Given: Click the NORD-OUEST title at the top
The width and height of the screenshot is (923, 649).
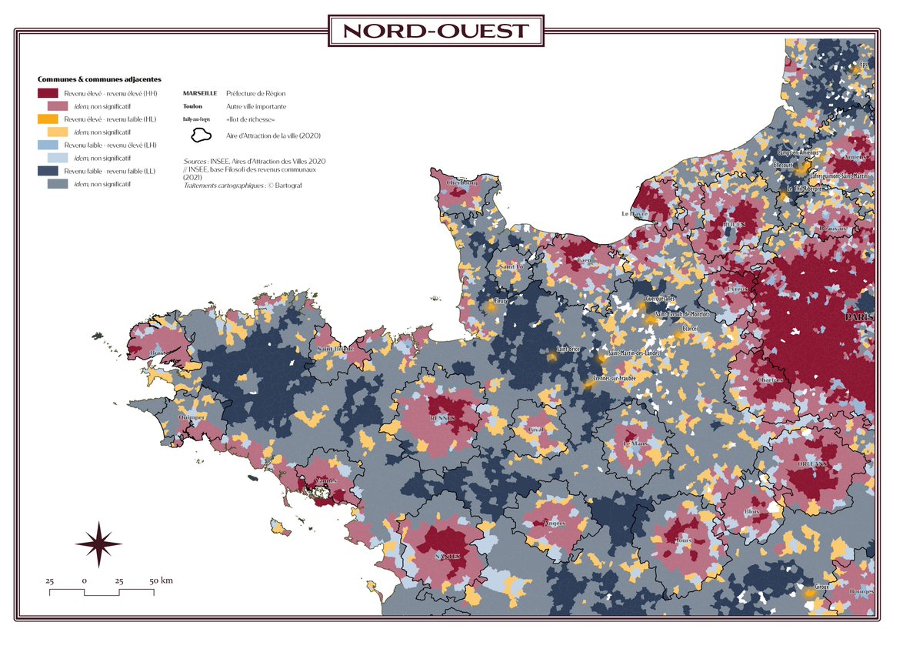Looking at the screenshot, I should click(x=436, y=32).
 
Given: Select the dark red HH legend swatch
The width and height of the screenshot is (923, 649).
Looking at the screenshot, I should click(x=48, y=93).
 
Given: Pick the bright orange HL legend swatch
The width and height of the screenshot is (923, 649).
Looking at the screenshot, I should click(x=48, y=119).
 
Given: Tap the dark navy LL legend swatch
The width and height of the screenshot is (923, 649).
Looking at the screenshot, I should click(x=48, y=171).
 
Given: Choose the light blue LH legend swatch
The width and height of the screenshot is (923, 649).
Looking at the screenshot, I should click(x=48, y=145).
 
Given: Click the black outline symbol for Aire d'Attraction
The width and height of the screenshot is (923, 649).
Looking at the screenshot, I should click(x=202, y=135).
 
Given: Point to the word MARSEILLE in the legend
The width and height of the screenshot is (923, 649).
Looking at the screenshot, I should click(x=199, y=93).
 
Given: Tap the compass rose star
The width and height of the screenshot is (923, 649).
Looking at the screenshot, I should click(x=98, y=544).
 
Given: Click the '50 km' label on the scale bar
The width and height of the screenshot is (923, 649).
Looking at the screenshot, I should click(x=161, y=580).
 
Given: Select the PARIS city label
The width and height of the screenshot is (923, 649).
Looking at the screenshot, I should click(x=859, y=317).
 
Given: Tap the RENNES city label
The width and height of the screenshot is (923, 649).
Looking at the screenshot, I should click(x=442, y=417).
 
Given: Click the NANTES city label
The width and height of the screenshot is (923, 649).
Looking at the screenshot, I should click(x=448, y=556).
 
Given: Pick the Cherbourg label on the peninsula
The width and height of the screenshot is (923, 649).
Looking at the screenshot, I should click(x=458, y=182).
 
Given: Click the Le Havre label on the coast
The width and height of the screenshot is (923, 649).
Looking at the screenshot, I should click(x=635, y=213).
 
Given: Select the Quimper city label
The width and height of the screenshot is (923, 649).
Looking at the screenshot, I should click(x=191, y=416).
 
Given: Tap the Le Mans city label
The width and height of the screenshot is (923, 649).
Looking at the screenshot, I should click(x=636, y=444).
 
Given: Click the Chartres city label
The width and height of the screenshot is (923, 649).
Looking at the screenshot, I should click(x=770, y=380).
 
